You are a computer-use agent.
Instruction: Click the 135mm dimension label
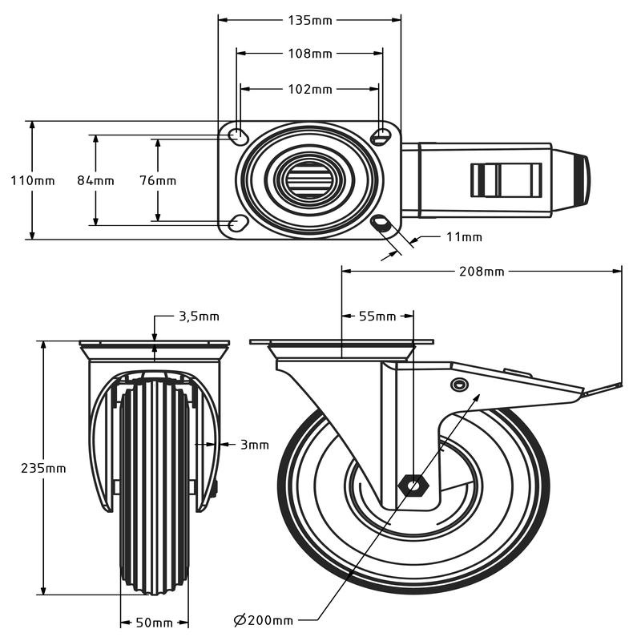click(309, 19)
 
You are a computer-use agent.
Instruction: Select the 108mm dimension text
click(309, 54)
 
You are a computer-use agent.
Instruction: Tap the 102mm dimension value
click(309, 89)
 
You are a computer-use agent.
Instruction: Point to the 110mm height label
click(33, 180)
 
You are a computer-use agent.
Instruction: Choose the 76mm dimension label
click(158, 180)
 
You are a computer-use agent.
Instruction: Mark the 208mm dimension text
click(482, 271)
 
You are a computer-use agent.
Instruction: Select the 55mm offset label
click(377, 316)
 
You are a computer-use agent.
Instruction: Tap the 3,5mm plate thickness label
click(198, 316)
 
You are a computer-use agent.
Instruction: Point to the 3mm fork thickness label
click(254, 444)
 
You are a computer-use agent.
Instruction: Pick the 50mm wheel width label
click(155, 622)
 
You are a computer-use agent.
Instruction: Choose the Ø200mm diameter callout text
click(264, 619)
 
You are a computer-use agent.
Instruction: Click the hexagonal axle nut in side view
click(414, 485)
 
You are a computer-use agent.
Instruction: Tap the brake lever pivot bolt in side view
click(459, 385)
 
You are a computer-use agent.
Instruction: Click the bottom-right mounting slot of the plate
click(381, 223)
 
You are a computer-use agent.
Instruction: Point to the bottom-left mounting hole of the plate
click(237, 224)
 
